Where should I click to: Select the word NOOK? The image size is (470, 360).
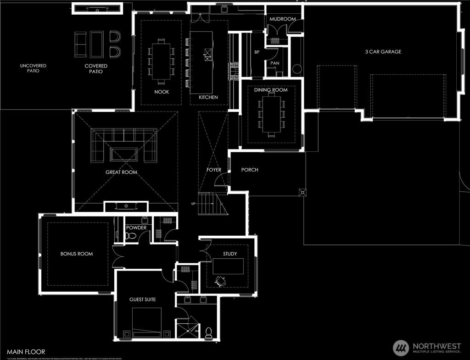[161, 92]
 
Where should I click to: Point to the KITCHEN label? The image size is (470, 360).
[208, 97]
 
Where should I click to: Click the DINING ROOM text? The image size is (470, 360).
[271, 90]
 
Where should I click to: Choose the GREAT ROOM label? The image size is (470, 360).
[121, 172]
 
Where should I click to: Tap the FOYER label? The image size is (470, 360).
[214, 170]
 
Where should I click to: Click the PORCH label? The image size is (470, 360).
[250, 170]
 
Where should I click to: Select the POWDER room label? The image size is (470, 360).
[136, 228]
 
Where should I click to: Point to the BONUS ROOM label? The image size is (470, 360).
[77, 254]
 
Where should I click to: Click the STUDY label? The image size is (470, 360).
[230, 254]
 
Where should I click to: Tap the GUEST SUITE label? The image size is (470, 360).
[142, 299]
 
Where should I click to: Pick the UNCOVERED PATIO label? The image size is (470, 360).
[33, 68]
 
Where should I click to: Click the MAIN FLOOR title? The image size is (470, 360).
[26, 352]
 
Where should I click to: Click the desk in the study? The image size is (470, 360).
[228, 266]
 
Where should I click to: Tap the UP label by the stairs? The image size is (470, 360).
[193, 204]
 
